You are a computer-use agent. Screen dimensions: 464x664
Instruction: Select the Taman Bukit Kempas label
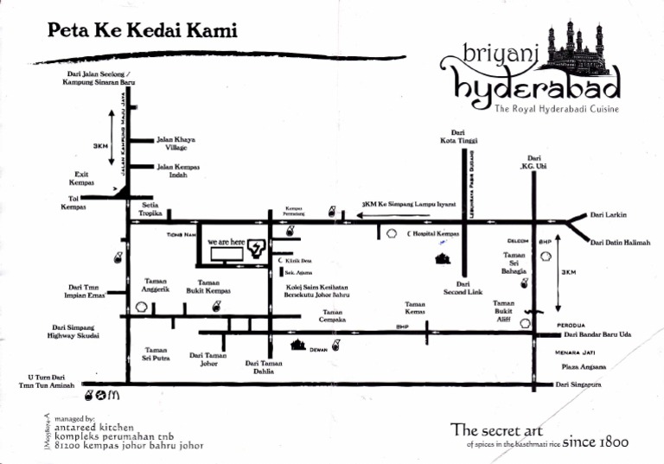pyautogui.click(x=208, y=287)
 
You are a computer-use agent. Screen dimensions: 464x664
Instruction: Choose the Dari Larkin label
pyautogui.click(x=608, y=215)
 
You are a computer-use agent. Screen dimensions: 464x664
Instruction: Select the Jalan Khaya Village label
pyautogui.click(x=176, y=143)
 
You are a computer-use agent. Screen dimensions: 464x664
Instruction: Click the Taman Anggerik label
pyautogui.click(x=156, y=285)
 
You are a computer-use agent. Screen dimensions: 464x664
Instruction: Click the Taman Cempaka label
pyautogui.click(x=333, y=315)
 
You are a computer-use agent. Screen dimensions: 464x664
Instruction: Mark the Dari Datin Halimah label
pyautogui.click(x=620, y=243)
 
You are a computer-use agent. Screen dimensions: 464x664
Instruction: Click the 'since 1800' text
pyautogui.click(x=596, y=442)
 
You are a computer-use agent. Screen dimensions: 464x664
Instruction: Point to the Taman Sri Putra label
pyautogui.click(x=156, y=353)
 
